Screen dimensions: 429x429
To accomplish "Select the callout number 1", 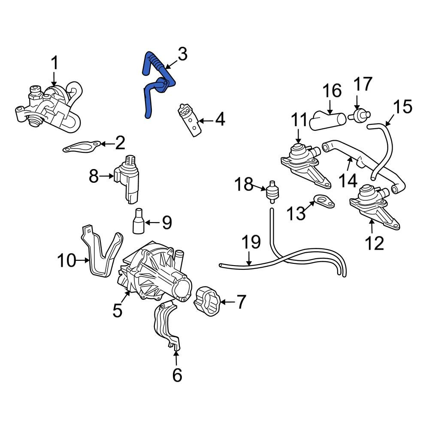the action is tap(55, 63).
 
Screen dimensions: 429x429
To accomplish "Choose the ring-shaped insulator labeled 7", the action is tap(207, 301).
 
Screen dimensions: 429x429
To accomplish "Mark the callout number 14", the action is tap(348, 181).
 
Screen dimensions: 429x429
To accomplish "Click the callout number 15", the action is tap(402, 106).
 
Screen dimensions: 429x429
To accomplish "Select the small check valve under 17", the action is tap(360, 115).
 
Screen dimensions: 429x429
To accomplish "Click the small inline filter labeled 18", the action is tap(271, 191).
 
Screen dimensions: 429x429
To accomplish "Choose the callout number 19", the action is tap(251, 242).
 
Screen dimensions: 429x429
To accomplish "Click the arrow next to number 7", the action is tap(228, 302).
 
